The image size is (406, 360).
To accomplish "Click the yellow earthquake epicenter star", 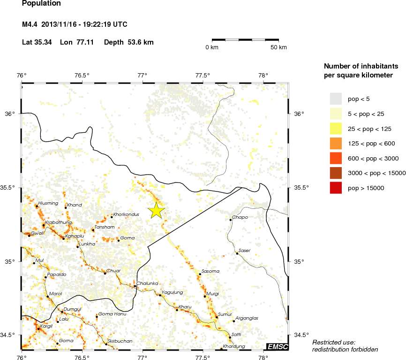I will pyautogui.click(x=156, y=211).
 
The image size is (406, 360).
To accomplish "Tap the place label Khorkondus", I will pyautogui.click(x=126, y=214).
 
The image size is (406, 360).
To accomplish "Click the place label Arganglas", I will pyautogui.click(x=247, y=318).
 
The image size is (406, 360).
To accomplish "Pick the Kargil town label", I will pyautogui.click(x=46, y=326).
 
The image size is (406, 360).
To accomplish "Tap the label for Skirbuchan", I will pyautogui.click(x=120, y=341).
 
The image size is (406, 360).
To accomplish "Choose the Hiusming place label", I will pyautogui.click(x=48, y=203).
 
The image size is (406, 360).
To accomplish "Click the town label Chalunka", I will pyautogui.click(x=148, y=283).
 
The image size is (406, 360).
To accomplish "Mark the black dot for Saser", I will pyautogui.click(x=237, y=253).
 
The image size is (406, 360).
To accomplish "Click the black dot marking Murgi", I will pyautogui.click(x=205, y=296).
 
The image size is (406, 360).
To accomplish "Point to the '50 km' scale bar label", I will pyautogui.click(x=278, y=47).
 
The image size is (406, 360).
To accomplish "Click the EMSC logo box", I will pyautogui.click(x=277, y=347).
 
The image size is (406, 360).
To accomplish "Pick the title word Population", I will pyautogui.click(x=41, y=4).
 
